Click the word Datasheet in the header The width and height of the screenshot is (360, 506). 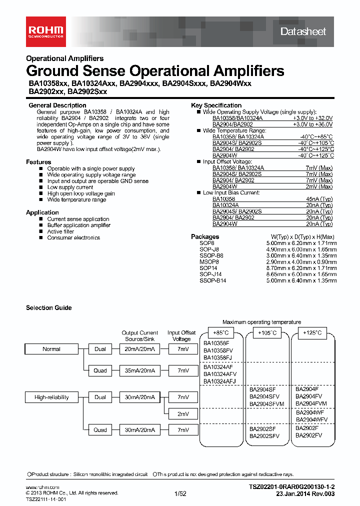[x=303, y=31]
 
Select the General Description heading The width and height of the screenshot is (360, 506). [x=57, y=105]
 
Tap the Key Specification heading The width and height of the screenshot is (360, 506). [x=216, y=105]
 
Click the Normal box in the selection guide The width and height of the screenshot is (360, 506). [x=51, y=349]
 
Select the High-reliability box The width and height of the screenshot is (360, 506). [x=51, y=397]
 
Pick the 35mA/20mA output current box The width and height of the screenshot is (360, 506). [x=139, y=370]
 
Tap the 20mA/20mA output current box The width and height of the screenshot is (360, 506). [x=139, y=349]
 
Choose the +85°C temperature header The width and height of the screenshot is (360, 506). [x=221, y=333]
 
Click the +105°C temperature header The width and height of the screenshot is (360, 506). [x=267, y=333]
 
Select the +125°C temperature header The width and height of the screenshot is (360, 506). [x=313, y=333]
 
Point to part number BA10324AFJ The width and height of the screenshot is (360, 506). [x=219, y=381]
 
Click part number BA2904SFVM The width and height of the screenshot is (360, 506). [x=266, y=403]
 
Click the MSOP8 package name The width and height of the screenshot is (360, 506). [x=209, y=261]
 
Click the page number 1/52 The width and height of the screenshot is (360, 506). [x=180, y=493]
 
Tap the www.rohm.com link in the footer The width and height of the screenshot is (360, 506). [x=42, y=487]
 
